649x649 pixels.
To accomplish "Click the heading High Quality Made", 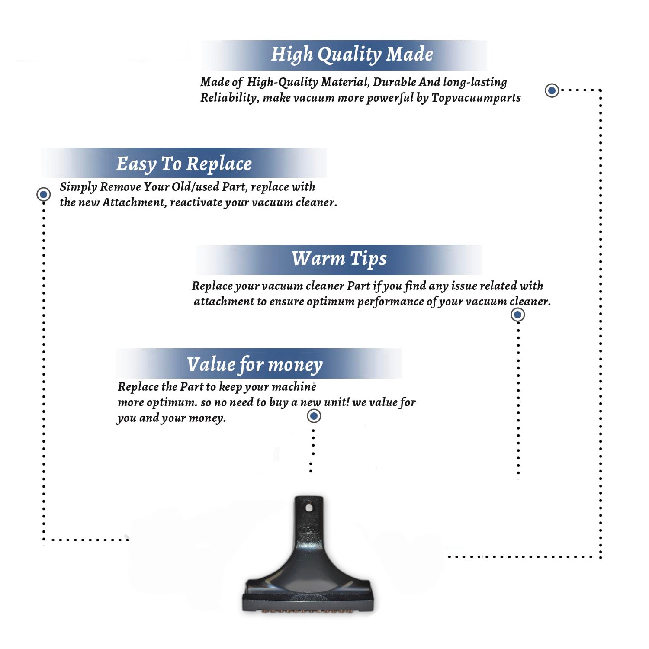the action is pos(352,55).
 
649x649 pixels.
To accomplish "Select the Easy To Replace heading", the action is pos(184,164).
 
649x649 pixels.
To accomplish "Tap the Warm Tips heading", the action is pos(339,259).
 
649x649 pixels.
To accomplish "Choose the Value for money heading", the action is pos(255,365).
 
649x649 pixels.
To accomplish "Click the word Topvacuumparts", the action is pos(476,98).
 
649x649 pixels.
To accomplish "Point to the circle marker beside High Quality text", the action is pos(552,90).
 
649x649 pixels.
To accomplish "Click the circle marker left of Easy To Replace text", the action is pos(43,194).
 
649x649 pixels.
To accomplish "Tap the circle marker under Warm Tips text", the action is pos(517,315).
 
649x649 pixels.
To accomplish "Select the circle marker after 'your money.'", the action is pos(314,416).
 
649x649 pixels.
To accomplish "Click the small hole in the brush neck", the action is pos(309,508).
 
